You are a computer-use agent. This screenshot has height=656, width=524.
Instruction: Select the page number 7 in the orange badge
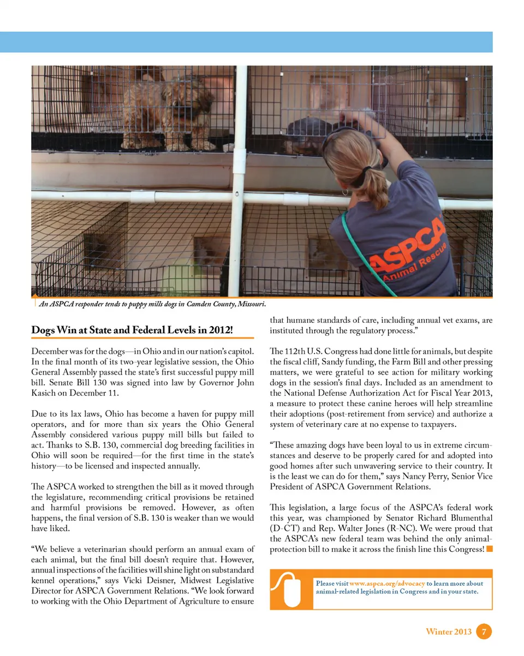point(484,632)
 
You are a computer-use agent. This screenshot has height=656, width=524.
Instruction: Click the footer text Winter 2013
point(448,632)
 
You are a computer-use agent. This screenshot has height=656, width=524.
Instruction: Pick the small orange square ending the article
point(490,549)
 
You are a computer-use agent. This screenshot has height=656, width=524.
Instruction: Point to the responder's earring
point(346,192)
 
